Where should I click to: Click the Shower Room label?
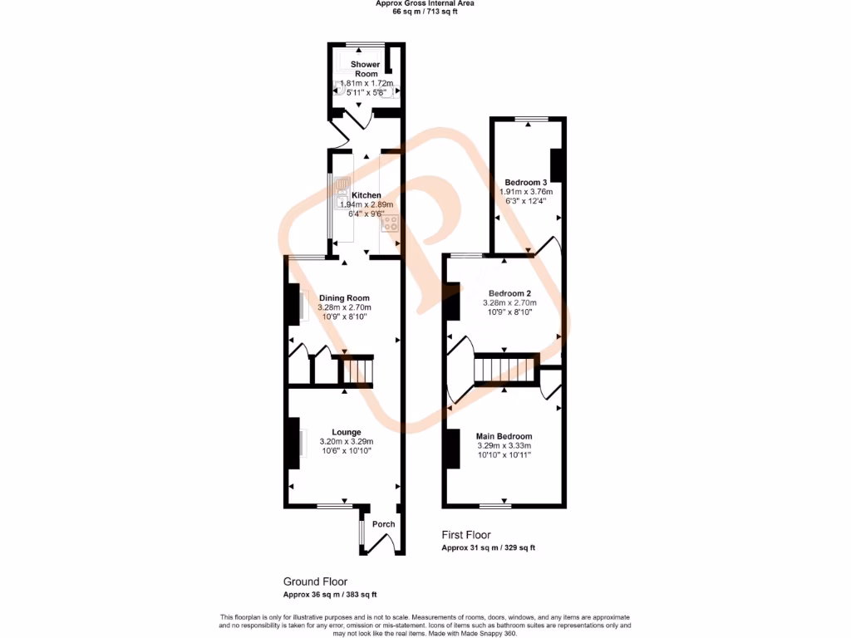(x=365, y=69)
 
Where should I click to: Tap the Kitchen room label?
(x=366, y=196)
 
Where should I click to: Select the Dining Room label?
(x=344, y=298)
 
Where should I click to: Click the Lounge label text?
(x=346, y=432)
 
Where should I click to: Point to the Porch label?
(x=383, y=524)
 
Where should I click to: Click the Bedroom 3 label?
(x=525, y=182)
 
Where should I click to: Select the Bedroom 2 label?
(x=509, y=293)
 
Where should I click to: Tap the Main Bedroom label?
(x=504, y=436)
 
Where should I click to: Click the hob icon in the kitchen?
(x=390, y=223)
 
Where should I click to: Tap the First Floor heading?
(x=466, y=535)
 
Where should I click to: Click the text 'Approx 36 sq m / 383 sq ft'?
(x=330, y=595)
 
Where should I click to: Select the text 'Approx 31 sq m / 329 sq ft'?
(x=488, y=547)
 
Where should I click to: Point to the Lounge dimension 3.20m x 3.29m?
(x=346, y=441)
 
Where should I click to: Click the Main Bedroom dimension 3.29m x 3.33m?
(x=504, y=446)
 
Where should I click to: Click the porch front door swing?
(x=381, y=544)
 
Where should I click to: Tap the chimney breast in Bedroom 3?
(x=557, y=164)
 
